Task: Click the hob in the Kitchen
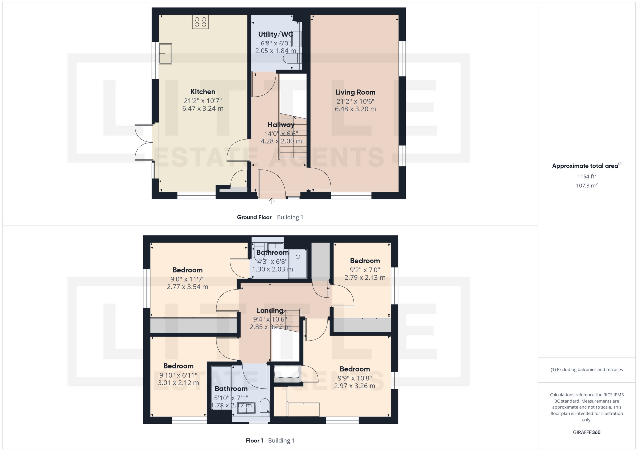click(x=200, y=22)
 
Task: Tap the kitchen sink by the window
click(x=165, y=54)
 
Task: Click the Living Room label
click(x=355, y=92)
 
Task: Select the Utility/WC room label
click(x=275, y=34)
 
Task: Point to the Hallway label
click(x=281, y=125)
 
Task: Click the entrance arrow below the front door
click(x=272, y=201)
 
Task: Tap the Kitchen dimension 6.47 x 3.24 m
click(x=203, y=108)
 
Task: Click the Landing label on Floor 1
click(x=270, y=310)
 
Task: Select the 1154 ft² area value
click(x=586, y=176)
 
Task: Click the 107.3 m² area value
click(x=586, y=185)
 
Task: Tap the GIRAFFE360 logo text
click(x=586, y=432)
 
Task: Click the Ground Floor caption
click(x=254, y=217)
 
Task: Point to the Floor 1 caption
click(x=254, y=441)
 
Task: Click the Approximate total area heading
click(x=586, y=166)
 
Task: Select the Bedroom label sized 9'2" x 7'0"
click(x=365, y=261)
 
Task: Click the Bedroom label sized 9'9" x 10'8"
click(x=355, y=369)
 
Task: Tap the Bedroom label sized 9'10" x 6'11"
click(x=178, y=366)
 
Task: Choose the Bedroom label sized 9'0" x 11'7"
click(x=187, y=270)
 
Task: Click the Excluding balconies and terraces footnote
click(x=586, y=370)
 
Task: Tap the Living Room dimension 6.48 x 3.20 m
click(x=355, y=109)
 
